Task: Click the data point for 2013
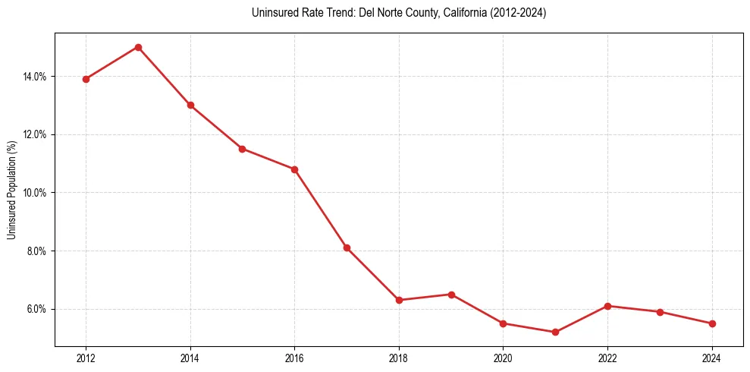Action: coord(138,47)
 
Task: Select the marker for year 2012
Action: coord(86,79)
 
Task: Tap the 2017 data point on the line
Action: coord(347,247)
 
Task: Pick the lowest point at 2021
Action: coord(555,332)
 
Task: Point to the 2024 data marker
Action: coord(711,323)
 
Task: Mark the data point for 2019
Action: coord(451,295)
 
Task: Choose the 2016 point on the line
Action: coord(294,169)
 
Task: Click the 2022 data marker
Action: coord(607,306)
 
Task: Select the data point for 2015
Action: coord(242,149)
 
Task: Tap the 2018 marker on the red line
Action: coord(399,300)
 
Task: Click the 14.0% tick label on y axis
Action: coord(36,77)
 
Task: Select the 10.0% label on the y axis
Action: coord(36,193)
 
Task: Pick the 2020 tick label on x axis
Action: coord(503,358)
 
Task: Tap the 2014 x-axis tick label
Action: coord(190,358)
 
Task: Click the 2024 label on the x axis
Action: coord(711,358)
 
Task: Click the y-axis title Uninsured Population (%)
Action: coord(12,190)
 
